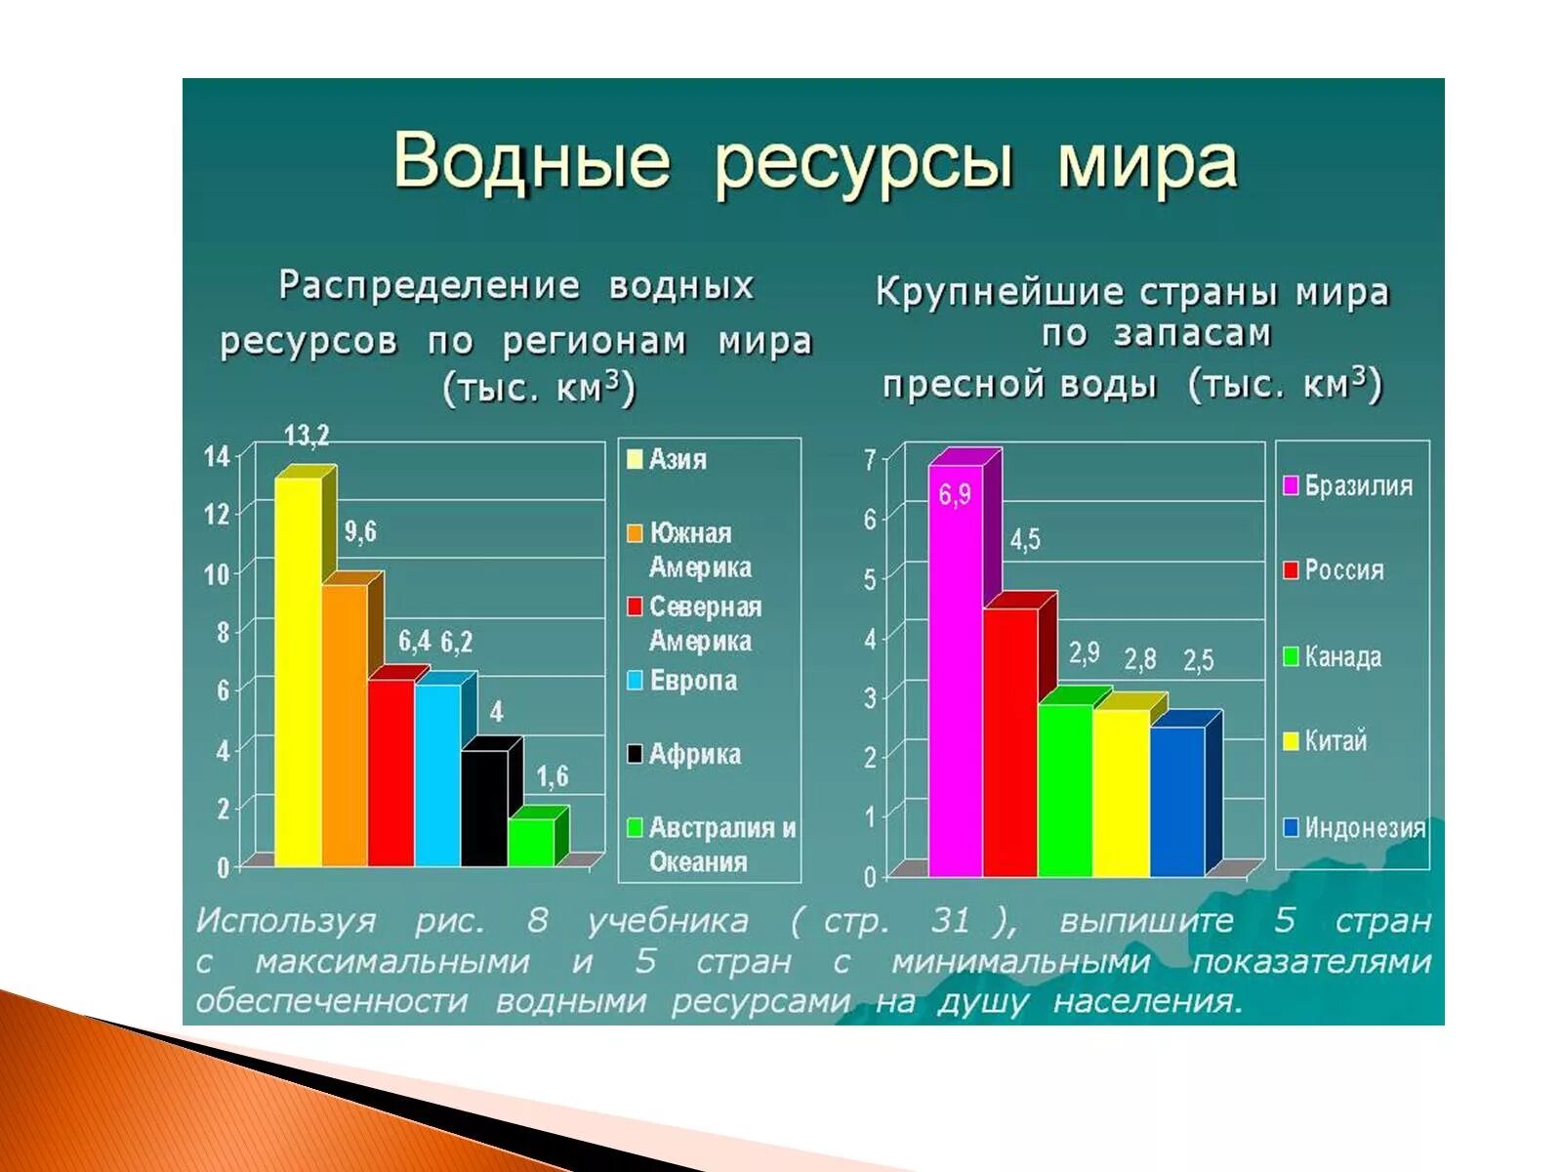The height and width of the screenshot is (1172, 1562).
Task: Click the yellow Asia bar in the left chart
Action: tap(298, 674)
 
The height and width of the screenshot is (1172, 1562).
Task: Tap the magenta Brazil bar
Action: tap(955, 674)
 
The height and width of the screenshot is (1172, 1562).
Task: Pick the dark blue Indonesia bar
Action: tap(1177, 801)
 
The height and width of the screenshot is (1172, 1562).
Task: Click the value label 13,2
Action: tap(307, 436)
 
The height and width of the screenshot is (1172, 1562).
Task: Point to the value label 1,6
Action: tap(552, 777)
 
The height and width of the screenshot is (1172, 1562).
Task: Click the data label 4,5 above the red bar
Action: tap(1024, 539)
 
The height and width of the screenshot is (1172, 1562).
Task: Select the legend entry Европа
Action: tap(692, 681)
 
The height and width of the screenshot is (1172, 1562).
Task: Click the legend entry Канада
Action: tap(1342, 657)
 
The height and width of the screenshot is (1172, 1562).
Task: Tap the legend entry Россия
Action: tap(1343, 570)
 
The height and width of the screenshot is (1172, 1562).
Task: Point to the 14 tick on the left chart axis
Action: tap(217, 457)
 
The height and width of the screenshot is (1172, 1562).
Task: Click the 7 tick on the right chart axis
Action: tap(869, 460)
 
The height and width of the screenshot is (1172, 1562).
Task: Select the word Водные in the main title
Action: tap(532, 161)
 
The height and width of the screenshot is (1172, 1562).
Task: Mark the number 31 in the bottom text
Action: tap(951, 920)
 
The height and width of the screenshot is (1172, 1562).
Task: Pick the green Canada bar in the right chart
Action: tap(1064, 789)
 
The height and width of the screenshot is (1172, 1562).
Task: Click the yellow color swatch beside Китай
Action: tap(1291, 741)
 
